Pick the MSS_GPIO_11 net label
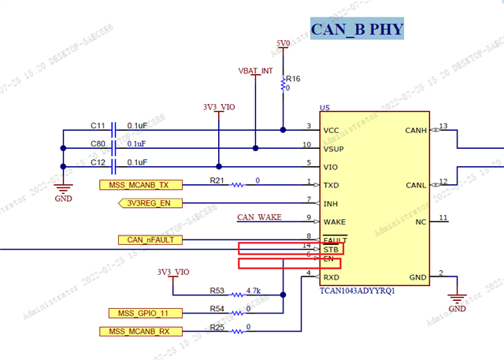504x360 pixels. pyautogui.click(x=141, y=313)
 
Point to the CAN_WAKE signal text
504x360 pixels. pyautogui.click(x=260, y=217)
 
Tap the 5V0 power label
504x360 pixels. pyautogui.click(x=283, y=43)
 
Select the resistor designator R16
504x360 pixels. pyautogui.click(x=293, y=79)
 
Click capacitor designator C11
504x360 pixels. pyautogui.click(x=98, y=125)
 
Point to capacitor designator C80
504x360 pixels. pyautogui.click(x=98, y=144)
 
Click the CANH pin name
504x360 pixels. pyautogui.click(x=415, y=130)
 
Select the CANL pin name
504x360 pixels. pyautogui.click(x=415, y=185)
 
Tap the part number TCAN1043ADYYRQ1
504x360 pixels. pyautogui.click(x=356, y=291)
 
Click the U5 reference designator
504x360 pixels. pyautogui.click(x=324, y=107)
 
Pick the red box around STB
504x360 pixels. pyautogui.click(x=290, y=249)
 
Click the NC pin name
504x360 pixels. pyautogui.click(x=421, y=221)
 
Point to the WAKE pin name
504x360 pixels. pyautogui.click(x=335, y=222)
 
